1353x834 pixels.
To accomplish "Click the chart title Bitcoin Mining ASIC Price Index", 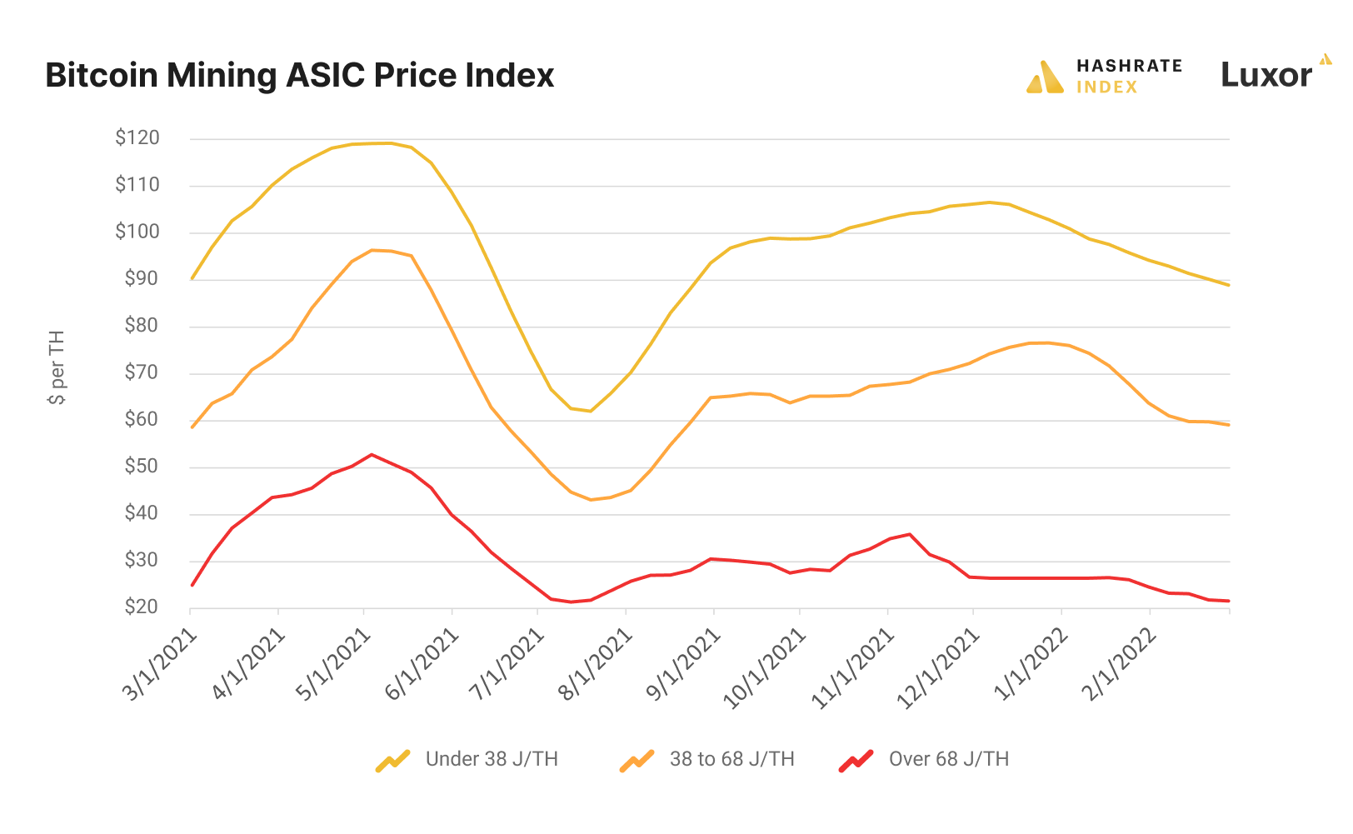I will point(299,76).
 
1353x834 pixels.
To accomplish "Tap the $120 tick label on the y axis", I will point(137,138).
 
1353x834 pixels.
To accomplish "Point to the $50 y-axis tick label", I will point(142,467).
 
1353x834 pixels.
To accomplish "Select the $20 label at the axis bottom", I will point(142,607).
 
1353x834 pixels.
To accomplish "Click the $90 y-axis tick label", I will point(142,279).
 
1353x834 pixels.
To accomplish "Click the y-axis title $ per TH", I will point(57,367).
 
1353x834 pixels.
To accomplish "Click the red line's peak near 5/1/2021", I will point(372,455).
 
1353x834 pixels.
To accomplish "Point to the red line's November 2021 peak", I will point(909,534).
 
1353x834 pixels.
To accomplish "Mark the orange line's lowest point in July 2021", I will point(591,500).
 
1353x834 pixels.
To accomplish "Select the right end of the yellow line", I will point(1229,285).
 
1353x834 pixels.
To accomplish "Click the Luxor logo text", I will point(1266,76).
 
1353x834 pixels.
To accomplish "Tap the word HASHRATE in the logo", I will point(1129,66).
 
